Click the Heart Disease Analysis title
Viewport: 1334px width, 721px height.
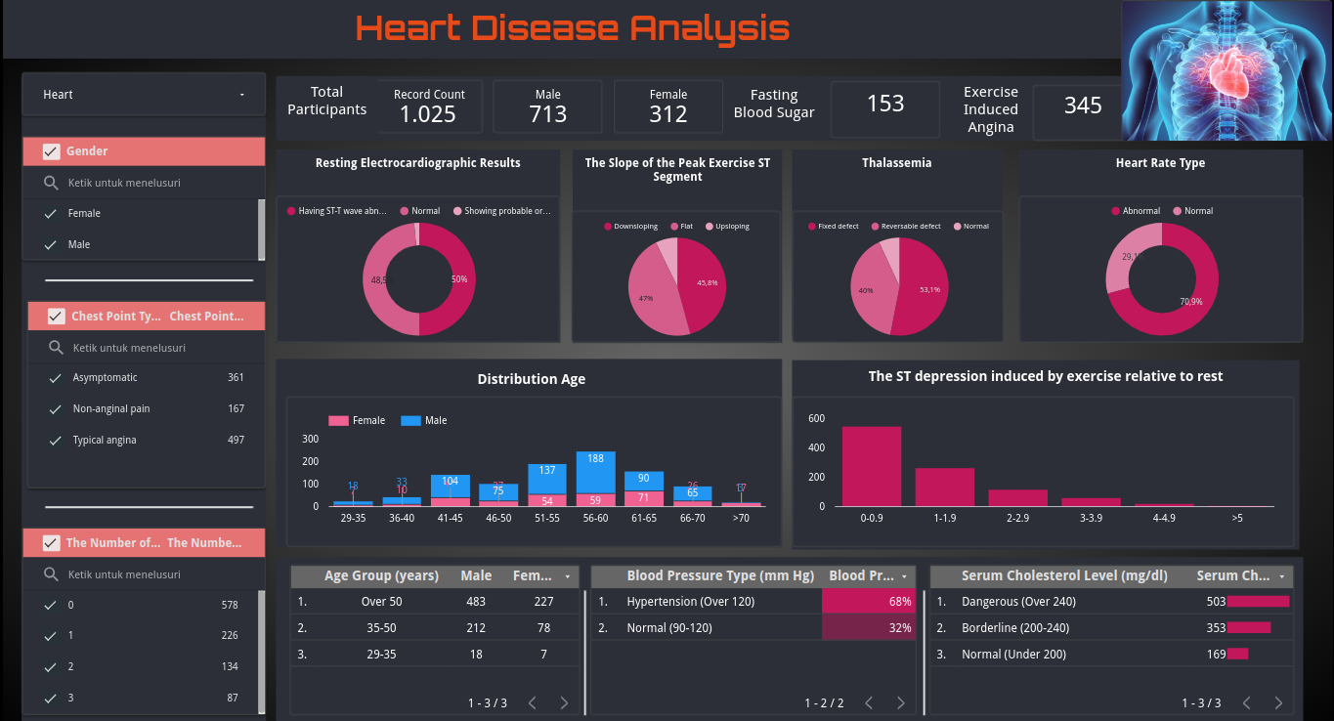tap(573, 27)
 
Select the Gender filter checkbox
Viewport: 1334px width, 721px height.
tap(52, 151)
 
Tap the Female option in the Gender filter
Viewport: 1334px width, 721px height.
tap(84, 213)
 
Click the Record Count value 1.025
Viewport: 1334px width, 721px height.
tap(428, 114)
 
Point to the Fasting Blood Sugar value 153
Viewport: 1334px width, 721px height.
tap(885, 104)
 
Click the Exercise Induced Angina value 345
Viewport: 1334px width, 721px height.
tap(1083, 106)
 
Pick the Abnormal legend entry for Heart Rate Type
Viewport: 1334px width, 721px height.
tap(1140, 211)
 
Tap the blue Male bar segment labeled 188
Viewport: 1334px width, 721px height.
tap(595, 472)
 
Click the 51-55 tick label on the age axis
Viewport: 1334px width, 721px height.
tap(546, 518)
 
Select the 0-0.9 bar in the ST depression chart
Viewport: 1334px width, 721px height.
tap(872, 466)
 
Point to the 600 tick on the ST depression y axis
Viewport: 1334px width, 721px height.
tap(817, 419)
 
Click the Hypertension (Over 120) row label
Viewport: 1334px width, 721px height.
tap(690, 602)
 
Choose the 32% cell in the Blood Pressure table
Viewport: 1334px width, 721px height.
tap(869, 628)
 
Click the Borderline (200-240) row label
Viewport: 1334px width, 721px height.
tap(1015, 628)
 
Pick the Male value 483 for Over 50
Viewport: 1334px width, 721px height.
tap(476, 602)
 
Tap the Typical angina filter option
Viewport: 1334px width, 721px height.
tap(104, 441)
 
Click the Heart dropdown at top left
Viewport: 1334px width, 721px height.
tap(144, 95)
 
